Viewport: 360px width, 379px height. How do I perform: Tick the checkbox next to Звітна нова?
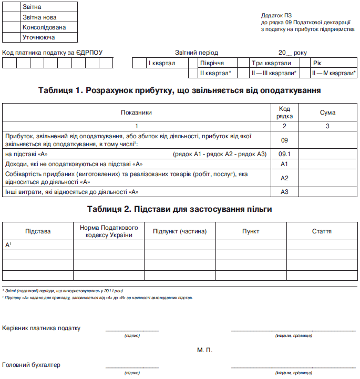pos(11,17)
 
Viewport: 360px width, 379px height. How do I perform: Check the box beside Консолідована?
pos(11,27)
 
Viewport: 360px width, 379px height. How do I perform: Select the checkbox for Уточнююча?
pos(11,37)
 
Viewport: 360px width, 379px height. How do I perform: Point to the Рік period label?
pos(317,63)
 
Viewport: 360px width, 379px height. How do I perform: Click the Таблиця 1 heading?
pos(180,90)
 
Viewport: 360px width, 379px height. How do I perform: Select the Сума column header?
pos(327,112)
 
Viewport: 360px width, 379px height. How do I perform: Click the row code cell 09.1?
pos(284,154)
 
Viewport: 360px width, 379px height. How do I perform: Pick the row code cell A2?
pos(284,178)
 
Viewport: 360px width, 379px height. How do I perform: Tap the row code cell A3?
pos(284,191)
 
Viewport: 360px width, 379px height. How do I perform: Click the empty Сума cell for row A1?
pos(327,164)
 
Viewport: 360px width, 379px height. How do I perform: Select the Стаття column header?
pos(321,231)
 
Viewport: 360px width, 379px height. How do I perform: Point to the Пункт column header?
pos(251,231)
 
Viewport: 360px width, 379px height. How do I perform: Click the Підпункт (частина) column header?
pos(180,231)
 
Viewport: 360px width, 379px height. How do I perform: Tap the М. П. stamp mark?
pos(205,350)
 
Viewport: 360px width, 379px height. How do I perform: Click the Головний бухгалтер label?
pos(32,364)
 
